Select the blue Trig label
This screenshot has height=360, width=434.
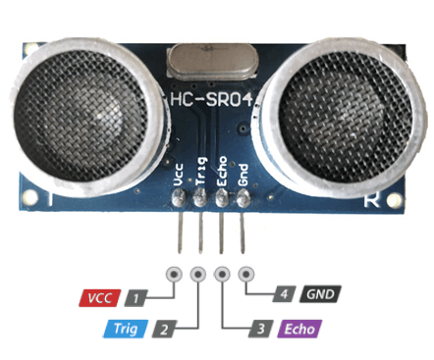125,330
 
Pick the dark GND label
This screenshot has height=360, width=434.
319,293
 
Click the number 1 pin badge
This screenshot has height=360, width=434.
137,295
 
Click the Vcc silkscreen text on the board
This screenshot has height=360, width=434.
179,175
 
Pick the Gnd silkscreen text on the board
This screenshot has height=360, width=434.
243,175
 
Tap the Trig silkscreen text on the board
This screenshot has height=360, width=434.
200,173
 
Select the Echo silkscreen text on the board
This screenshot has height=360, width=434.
222,173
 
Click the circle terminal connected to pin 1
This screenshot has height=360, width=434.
175,276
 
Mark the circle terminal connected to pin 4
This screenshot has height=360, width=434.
244,276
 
